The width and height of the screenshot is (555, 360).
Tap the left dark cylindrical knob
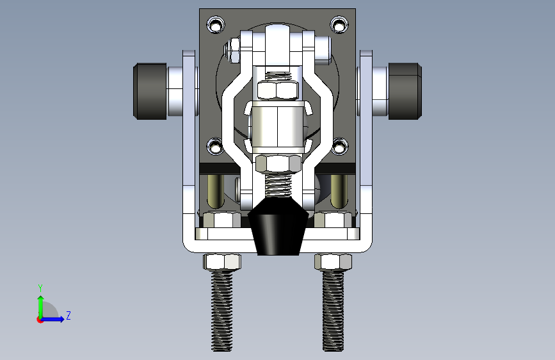point(150,91)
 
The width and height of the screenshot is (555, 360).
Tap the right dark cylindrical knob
point(405,91)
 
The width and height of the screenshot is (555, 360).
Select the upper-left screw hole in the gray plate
point(216,25)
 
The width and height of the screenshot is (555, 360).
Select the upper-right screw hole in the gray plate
point(339,25)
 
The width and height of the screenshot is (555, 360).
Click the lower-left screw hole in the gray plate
point(215,146)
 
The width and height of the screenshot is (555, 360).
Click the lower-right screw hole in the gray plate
point(340,146)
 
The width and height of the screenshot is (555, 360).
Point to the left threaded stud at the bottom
point(222,311)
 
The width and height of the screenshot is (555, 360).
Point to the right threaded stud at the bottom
point(333,311)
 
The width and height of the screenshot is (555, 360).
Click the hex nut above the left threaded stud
point(222,261)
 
